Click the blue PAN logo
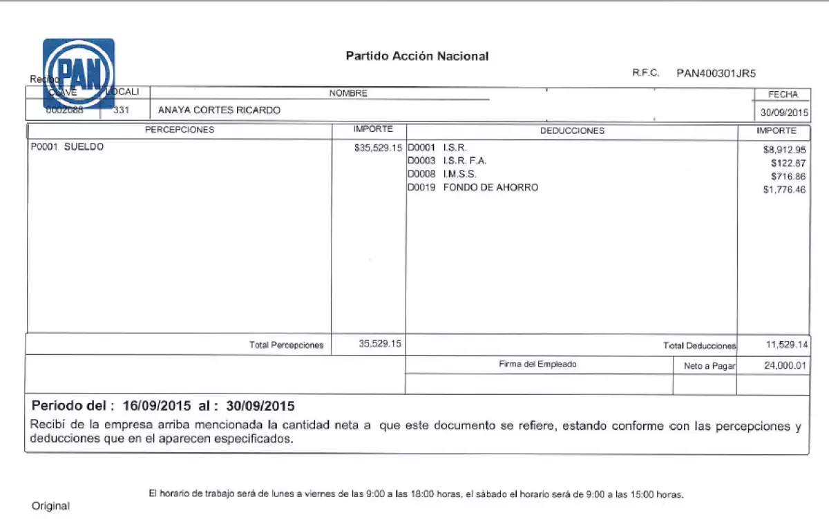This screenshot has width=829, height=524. [78, 73]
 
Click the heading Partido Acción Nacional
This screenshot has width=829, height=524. [417, 56]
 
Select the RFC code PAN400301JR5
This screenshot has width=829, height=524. [716, 73]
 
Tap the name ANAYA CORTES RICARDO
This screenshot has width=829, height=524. [219, 110]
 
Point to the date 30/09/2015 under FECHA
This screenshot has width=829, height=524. [784, 112]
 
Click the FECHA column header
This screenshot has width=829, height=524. [783, 95]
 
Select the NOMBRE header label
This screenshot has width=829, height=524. [348, 93]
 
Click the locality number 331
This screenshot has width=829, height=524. [121, 110]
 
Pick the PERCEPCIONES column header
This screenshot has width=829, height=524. [179, 130]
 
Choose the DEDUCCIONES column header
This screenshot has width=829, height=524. [572, 130]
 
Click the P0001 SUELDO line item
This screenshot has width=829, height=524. [67, 146]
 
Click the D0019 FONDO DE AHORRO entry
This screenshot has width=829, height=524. [473, 187]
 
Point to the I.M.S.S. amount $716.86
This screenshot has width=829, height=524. [788, 176]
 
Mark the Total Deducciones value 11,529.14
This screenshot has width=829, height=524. [787, 345]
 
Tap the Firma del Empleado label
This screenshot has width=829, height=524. [537, 364]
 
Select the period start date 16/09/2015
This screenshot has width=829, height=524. [158, 405]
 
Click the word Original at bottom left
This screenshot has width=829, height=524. [50, 506]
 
